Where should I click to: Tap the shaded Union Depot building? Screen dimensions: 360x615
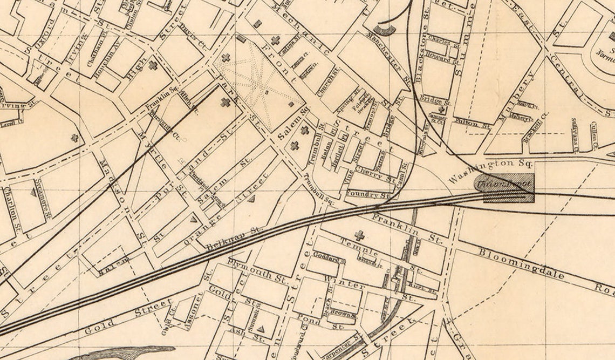505,187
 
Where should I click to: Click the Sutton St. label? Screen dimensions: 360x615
473,124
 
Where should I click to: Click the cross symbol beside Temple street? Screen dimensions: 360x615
359,235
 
